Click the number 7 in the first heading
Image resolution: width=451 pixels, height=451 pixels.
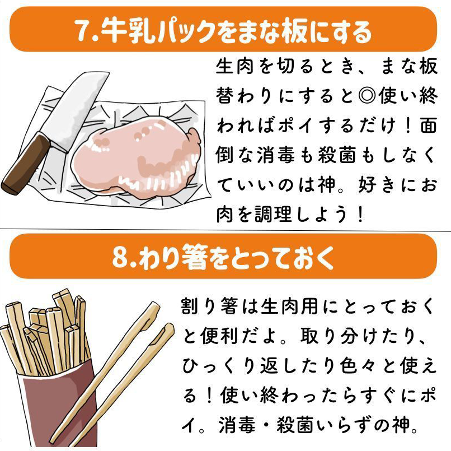(82, 30)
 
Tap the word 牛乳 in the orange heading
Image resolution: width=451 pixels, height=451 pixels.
(128, 30)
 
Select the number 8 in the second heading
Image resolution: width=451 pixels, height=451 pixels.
(120, 257)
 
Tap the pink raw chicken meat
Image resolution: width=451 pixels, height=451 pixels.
(136, 156)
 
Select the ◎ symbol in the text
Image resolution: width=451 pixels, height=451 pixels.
(367, 96)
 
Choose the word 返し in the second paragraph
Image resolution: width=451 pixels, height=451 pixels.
(279, 366)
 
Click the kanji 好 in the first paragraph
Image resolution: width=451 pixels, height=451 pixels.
(367, 185)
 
